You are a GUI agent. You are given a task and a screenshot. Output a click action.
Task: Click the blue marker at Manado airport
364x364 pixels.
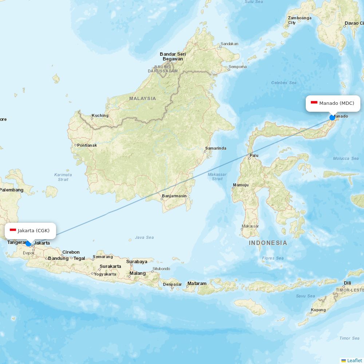(x=332, y=117)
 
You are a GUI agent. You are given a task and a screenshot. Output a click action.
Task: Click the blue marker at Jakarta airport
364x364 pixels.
(x=28, y=243)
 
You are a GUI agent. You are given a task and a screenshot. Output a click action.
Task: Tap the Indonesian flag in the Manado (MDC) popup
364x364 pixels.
(x=314, y=103)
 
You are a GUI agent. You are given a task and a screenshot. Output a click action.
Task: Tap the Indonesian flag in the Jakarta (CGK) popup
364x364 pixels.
(x=13, y=230)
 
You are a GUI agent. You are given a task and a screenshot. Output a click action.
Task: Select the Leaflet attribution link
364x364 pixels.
(x=354, y=360)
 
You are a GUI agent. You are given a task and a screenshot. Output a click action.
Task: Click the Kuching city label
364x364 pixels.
(x=100, y=115)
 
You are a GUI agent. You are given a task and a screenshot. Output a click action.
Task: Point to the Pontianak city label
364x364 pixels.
(x=87, y=145)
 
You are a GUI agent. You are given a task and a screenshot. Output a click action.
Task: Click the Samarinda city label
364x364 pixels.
(x=215, y=148)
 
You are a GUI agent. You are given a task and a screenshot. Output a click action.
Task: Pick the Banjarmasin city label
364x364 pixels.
(x=174, y=196)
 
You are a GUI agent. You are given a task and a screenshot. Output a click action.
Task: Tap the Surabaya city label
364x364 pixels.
(x=137, y=261)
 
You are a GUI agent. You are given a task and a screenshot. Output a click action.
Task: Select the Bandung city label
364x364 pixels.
(x=58, y=258)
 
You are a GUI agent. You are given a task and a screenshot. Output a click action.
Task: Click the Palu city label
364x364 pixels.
(x=254, y=155)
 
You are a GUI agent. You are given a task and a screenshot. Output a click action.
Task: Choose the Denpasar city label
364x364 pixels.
(x=173, y=284)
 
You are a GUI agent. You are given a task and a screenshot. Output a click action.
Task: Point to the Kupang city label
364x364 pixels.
(x=318, y=310)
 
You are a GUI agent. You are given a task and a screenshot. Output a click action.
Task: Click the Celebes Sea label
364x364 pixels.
(x=284, y=83)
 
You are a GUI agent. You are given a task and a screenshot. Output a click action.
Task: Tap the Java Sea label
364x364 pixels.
(x=144, y=237)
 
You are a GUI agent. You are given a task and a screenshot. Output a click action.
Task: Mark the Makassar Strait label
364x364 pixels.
(x=217, y=177)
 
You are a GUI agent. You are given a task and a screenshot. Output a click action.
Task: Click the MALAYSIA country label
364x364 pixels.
(x=142, y=98)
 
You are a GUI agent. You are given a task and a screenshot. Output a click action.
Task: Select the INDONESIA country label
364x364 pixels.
(x=268, y=243)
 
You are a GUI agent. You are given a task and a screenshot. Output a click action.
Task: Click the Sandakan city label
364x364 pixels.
(x=229, y=44)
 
